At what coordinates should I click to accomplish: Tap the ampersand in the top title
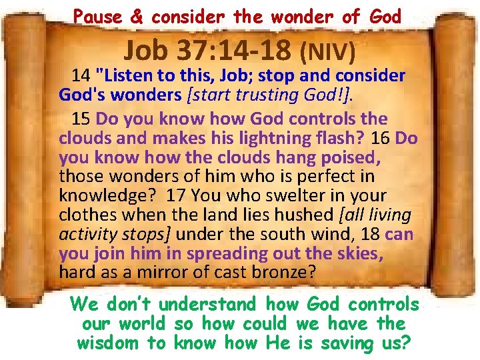(137, 17)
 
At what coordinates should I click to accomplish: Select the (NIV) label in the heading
(328, 49)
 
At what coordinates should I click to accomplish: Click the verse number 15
(81, 119)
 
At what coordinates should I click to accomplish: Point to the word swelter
(301, 197)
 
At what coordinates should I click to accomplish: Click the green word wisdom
(109, 343)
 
